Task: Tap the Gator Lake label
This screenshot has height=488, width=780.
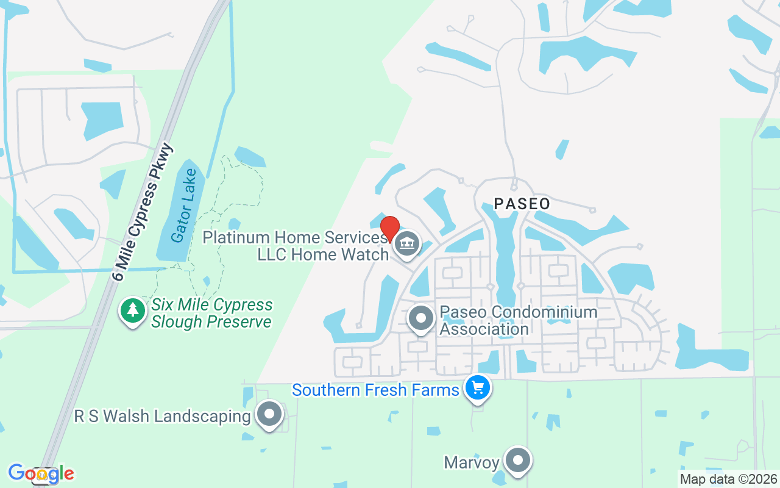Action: coord(183,206)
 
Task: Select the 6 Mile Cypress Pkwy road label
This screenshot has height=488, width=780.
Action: coord(143,212)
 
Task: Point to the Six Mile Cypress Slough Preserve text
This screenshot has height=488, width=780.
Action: coord(211,313)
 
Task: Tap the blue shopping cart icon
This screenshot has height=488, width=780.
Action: coord(477,388)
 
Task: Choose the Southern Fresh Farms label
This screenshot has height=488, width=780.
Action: coord(375,390)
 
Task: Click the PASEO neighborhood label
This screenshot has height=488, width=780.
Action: coord(522,204)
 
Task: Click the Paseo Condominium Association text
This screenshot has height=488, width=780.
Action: coord(518,320)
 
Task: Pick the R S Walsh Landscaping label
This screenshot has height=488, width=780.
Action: coord(163,417)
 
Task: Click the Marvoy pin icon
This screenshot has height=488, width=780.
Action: coord(518,461)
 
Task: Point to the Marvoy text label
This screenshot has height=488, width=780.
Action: coord(472,462)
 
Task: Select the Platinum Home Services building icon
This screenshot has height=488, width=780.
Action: coord(406,244)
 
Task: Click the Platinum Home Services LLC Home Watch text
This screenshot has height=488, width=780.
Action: coord(296,245)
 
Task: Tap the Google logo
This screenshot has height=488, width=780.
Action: coord(41,473)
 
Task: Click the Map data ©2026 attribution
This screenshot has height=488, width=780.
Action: coord(729,479)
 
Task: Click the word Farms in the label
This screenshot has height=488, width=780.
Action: coord(434,390)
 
